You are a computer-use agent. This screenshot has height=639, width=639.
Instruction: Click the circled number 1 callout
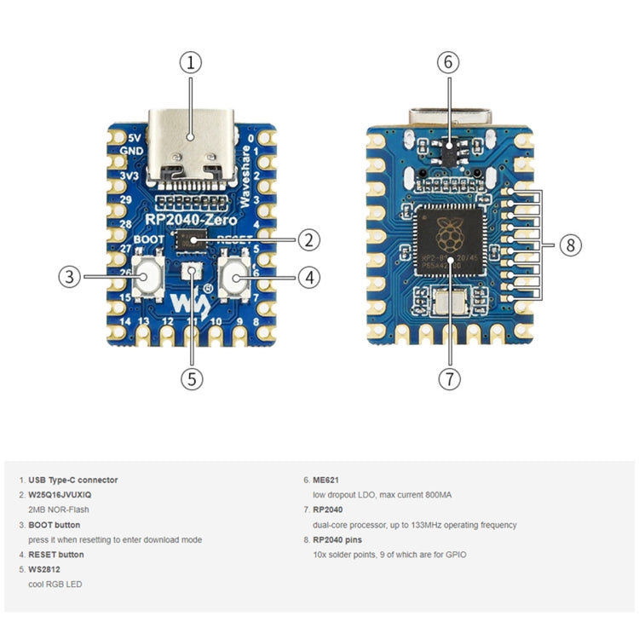pyautogui.click(x=192, y=62)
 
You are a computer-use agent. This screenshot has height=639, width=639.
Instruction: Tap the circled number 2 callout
pyautogui.click(x=308, y=240)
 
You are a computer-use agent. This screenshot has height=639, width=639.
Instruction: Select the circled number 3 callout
pyautogui.click(x=70, y=276)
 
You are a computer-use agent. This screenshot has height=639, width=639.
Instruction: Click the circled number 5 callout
pyautogui.click(x=192, y=377)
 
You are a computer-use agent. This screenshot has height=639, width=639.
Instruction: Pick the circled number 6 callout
pyautogui.click(x=449, y=62)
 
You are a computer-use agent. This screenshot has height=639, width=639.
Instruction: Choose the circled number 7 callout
pyautogui.click(x=449, y=377)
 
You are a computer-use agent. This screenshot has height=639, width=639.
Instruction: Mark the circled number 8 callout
pyautogui.click(x=569, y=245)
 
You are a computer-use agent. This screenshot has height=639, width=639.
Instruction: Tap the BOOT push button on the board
pyautogui.click(x=149, y=277)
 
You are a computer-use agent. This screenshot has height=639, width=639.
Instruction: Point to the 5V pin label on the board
pyautogui.click(x=134, y=137)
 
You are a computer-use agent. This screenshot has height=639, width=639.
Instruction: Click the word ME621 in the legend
pyautogui.click(x=327, y=480)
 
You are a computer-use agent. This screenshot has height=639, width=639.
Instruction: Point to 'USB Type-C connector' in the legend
pyautogui.click(x=74, y=480)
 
